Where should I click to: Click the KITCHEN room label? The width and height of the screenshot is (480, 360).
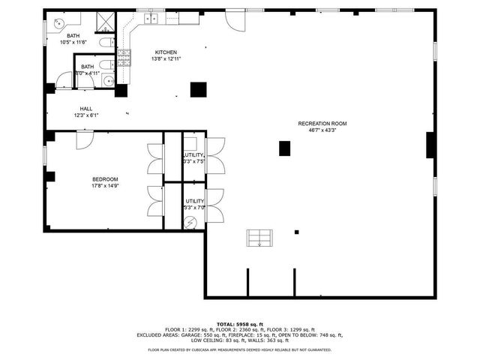click(x=166, y=52)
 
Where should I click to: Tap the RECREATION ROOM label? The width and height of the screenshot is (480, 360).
click(x=322, y=123)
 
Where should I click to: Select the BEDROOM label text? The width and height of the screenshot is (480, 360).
click(x=104, y=178)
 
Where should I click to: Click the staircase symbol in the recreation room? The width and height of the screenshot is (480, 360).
click(x=259, y=238)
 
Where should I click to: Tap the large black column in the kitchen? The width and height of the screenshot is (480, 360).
click(x=198, y=89)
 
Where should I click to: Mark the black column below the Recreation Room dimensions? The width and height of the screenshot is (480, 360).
click(x=284, y=148)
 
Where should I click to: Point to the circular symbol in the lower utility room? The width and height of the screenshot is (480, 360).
click(x=191, y=222)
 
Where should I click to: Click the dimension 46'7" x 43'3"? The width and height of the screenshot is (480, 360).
click(x=322, y=130)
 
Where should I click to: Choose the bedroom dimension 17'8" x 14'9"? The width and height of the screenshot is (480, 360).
click(x=104, y=186)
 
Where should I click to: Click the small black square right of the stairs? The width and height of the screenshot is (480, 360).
click(x=297, y=232)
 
